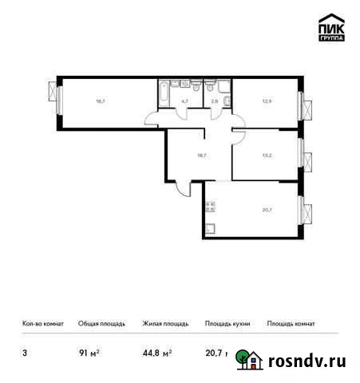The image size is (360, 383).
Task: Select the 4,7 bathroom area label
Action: pyautogui.click(x=184, y=101)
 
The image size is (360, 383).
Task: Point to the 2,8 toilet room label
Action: pyautogui.click(x=214, y=101)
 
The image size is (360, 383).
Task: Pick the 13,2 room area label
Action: pyautogui.click(x=267, y=157)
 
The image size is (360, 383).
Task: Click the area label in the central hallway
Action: pyautogui.click(x=201, y=156)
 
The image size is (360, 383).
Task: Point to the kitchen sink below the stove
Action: pyautogui.click(x=210, y=230)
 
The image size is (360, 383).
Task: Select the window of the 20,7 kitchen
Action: pyautogui.click(x=303, y=211)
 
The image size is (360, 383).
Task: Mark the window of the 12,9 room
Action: pyautogui.click(x=303, y=104)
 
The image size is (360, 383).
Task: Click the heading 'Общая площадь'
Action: pyautogui.click(x=101, y=324)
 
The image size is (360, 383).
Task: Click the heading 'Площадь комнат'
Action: pyautogui.click(x=291, y=324)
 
